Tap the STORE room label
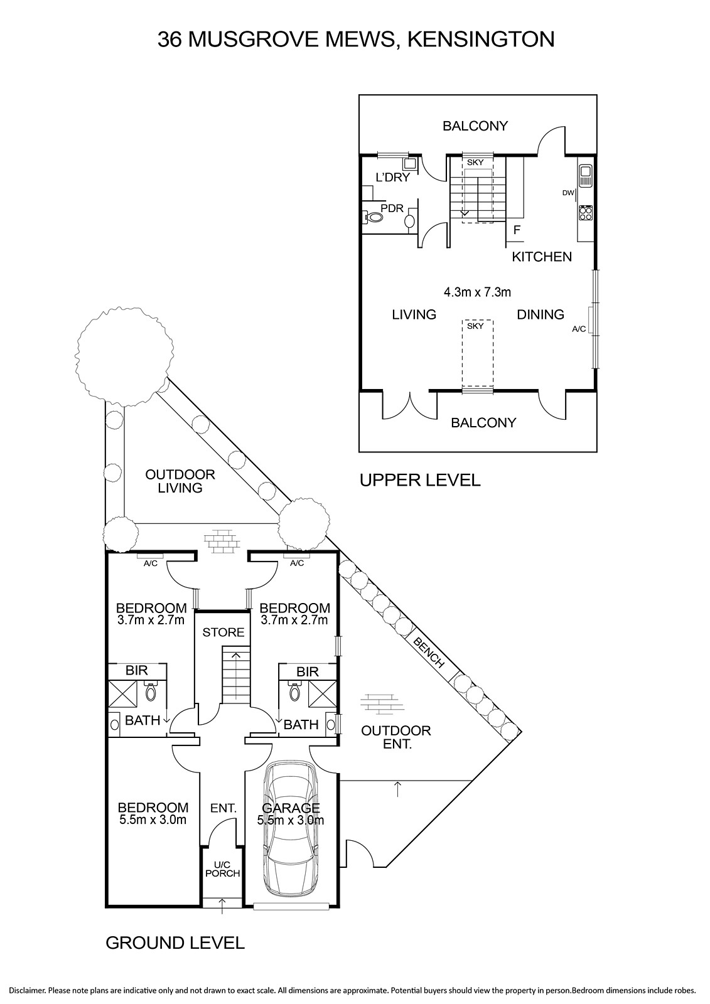coord(223,633)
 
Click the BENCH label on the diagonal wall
coord(428,653)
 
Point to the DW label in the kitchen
coord(568,193)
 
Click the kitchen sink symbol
coord(585,175)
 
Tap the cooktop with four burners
coord(585,213)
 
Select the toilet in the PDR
coord(372,218)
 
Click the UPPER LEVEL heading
coord(420,480)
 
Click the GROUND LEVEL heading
coord(175,943)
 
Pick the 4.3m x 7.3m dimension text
coord(477,292)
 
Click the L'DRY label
coord(392,178)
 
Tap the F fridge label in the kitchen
coord(517,230)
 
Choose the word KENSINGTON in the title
coord(481,40)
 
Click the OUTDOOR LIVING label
coord(180,481)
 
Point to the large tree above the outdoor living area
coord(125,355)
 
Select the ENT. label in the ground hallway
coord(223,808)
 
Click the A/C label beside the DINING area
coord(579,329)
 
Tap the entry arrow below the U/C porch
coord(223,905)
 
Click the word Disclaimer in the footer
coord(28,990)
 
